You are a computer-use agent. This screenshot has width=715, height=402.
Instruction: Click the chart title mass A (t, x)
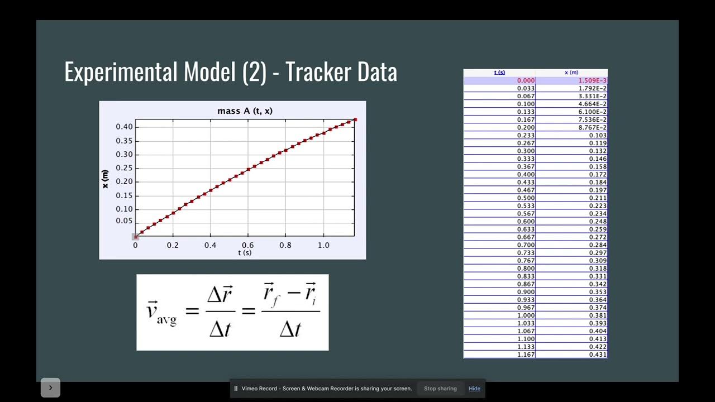(x=245, y=111)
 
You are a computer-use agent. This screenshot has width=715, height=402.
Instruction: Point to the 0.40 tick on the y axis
(x=124, y=127)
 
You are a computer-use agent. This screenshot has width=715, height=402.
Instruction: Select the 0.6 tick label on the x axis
(x=247, y=245)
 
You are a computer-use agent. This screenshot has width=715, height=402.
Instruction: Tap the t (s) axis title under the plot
(x=245, y=253)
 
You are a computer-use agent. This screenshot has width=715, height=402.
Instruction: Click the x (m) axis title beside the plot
(x=106, y=179)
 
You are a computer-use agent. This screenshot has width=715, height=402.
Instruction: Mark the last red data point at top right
(x=355, y=119)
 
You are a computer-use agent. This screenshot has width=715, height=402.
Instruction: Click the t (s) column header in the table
(x=499, y=73)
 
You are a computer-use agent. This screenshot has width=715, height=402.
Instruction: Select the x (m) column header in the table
(x=571, y=73)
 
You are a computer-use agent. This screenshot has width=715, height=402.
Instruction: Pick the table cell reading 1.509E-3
(x=592, y=80)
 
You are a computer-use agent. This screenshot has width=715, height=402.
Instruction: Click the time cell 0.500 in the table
(x=526, y=198)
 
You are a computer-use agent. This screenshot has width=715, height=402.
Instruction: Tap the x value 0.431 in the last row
(x=598, y=355)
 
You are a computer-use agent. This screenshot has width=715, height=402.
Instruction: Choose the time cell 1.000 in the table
(x=526, y=315)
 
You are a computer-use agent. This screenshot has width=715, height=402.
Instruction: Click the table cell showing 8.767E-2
(x=592, y=127)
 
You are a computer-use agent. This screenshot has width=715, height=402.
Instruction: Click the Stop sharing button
(x=440, y=389)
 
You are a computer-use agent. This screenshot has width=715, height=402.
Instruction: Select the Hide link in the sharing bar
(x=474, y=389)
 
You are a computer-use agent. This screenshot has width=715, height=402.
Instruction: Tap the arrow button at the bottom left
(x=50, y=388)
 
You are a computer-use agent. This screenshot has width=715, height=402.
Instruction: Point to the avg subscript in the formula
(x=166, y=319)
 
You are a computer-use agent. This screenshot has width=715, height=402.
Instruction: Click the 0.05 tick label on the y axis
(x=124, y=221)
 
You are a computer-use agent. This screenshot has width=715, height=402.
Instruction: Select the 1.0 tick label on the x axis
(x=323, y=245)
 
